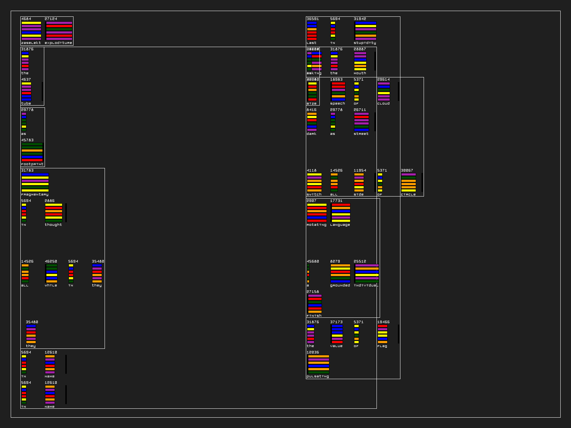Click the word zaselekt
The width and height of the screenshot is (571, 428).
tap(31, 43)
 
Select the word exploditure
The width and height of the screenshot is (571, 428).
tap(58, 43)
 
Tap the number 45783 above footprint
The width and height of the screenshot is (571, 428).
tap(27, 140)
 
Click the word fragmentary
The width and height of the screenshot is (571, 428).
tap(35, 194)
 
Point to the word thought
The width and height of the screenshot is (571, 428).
tap(53, 225)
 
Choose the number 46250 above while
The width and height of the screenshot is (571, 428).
tap(51, 261)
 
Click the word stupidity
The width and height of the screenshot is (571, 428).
tap(365, 43)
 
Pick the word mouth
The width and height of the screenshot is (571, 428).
tap(360, 73)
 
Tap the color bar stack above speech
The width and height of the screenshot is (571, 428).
tap(338, 91)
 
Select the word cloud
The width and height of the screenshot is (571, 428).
tap(383, 103)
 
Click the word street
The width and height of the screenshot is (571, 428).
tap(361, 134)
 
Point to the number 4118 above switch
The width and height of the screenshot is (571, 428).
tap(312, 170)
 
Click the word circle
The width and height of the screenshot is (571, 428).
tap(408, 194)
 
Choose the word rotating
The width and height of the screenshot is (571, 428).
tap(316, 225)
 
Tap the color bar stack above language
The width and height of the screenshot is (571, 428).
tap(341, 213)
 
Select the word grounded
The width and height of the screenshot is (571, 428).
tap(340, 285)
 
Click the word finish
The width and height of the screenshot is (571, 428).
tap(314, 316)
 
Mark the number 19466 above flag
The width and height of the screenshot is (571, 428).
tap(383, 322)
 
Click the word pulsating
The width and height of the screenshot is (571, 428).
tap(318, 376)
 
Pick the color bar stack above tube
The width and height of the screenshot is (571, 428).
tap(26, 91)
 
